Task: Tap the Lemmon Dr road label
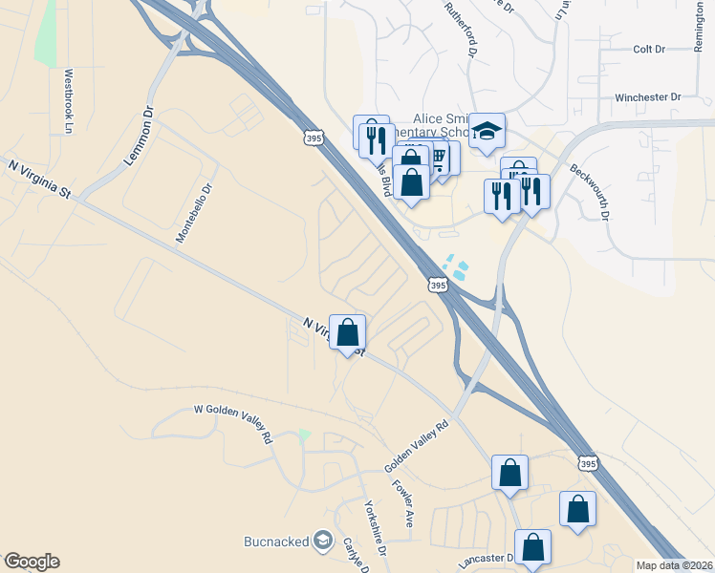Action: (140, 139)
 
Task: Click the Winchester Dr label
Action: (647, 97)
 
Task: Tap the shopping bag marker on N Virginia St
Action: (349, 333)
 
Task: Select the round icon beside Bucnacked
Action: (323, 541)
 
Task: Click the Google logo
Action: (32, 562)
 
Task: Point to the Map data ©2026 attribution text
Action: (674, 565)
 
